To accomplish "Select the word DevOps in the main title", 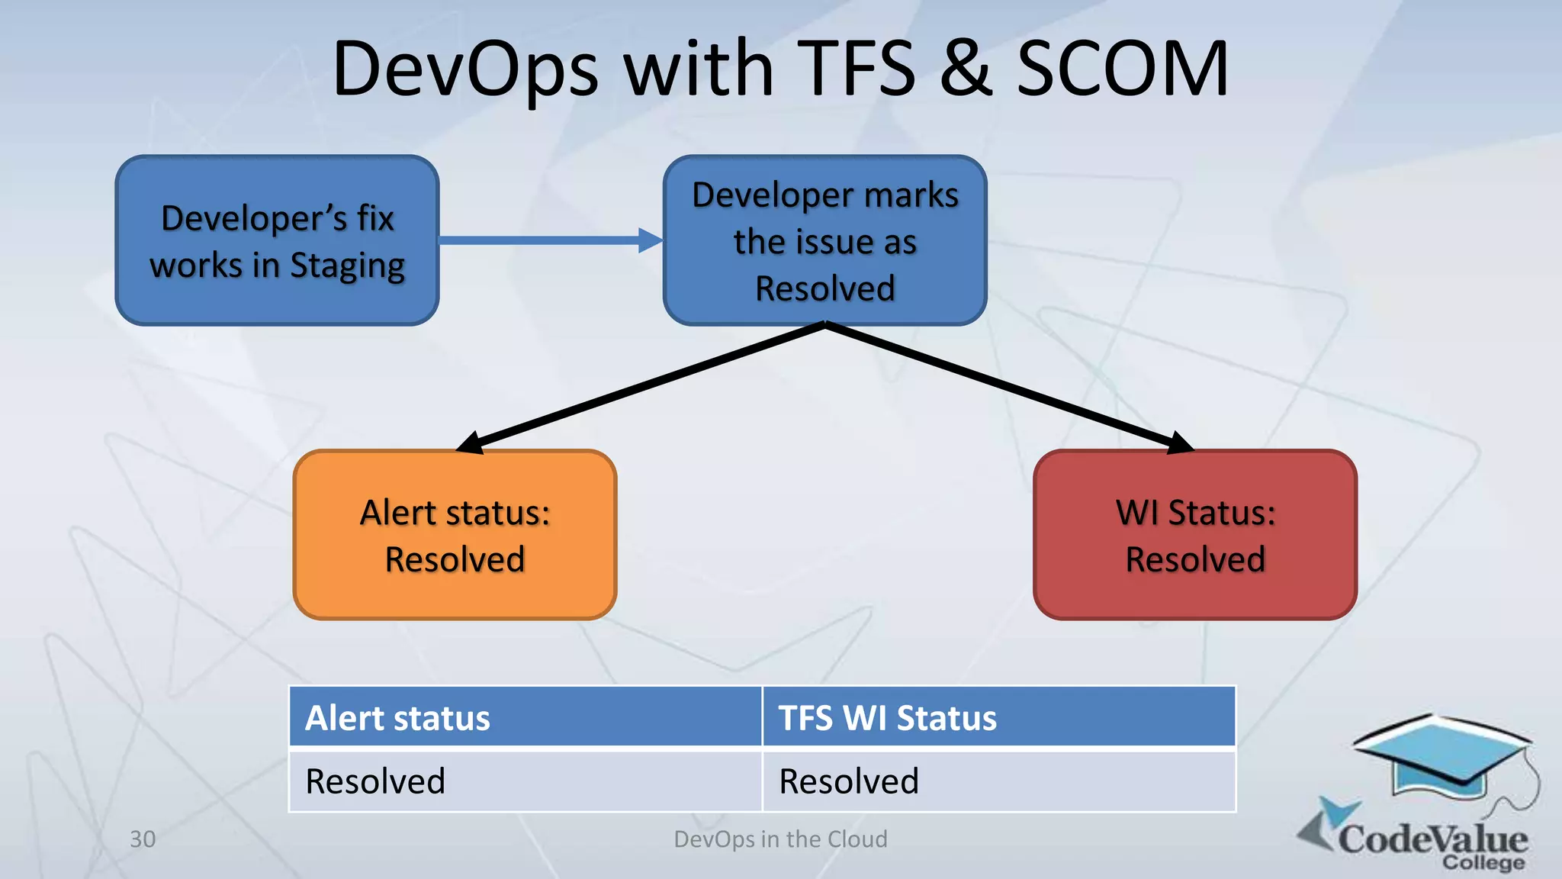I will click(x=465, y=70).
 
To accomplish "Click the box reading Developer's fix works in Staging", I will click(x=277, y=241).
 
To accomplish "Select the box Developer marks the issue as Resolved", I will click(x=824, y=241).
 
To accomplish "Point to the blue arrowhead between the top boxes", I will click(x=651, y=240).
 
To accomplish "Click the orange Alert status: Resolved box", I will click(x=455, y=535).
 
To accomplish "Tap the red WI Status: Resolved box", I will click(x=1195, y=535).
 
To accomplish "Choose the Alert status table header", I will click(x=525, y=717).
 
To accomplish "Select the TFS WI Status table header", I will click(x=998, y=717).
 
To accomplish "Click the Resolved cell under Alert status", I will click(x=525, y=781).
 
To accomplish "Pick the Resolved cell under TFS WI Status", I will click(x=998, y=781).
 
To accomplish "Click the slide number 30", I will click(x=143, y=839).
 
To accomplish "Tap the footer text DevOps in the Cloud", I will click(x=780, y=839).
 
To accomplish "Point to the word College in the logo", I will click(x=1483, y=863).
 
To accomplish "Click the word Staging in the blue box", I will click(x=347, y=266).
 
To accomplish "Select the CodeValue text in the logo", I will click(x=1432, y=839).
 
